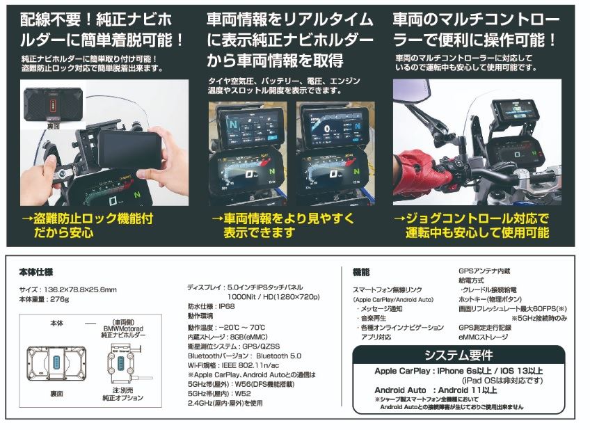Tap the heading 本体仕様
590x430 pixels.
click(x=36, y=271)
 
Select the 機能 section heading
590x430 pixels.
click(x=361, y=272)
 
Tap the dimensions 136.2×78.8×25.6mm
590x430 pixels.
click(x=78, y=289)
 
